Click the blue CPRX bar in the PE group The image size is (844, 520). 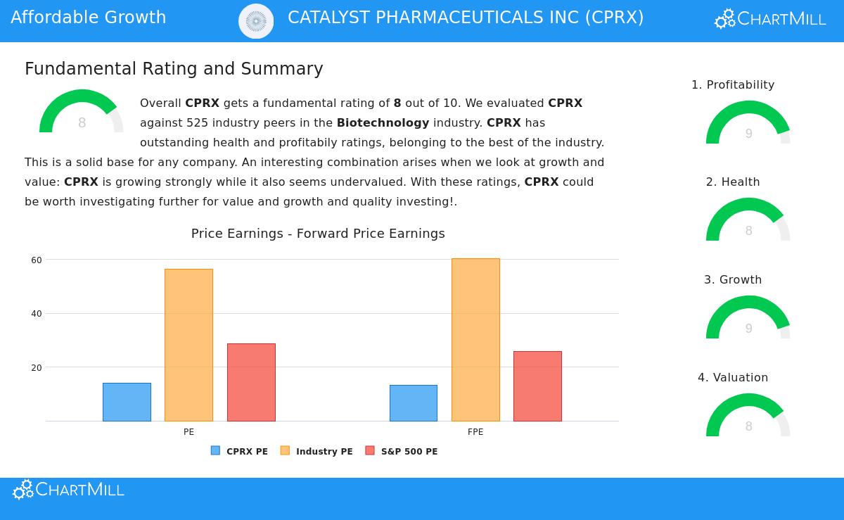[x=127, y=402]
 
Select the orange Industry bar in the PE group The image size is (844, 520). [x=188, y=345]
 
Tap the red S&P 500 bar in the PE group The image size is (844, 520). [x=251, y=382]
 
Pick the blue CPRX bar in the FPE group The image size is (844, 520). [x=414, y=403]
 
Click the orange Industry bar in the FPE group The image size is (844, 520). [x=475, y=340]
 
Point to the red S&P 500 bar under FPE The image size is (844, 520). [x=537, y=386]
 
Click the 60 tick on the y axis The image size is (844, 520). [x=37, y=260]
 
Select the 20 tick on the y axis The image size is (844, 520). [x=37, y=368]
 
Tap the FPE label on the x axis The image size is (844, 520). [x=475, y=432]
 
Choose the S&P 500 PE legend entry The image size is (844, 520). [x=402, y=451]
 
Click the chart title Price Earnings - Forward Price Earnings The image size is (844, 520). [x=318, y=234]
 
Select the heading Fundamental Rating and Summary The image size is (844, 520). [x=174, y=69]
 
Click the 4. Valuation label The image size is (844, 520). [x=733, y=378]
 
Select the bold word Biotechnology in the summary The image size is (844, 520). [x=383, y=123]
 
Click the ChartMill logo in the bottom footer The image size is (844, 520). [x=68, y=490]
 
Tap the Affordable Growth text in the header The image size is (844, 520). [x=89, y=18]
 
